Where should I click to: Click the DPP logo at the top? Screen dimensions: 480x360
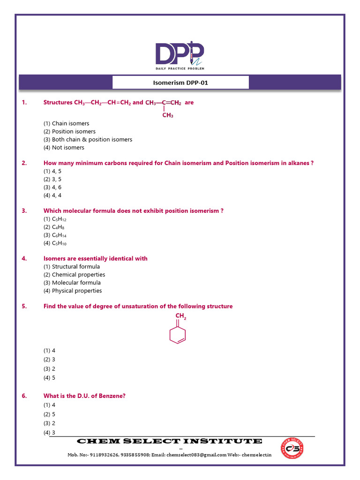[180, 55]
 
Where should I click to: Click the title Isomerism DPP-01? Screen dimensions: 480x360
[180, 82]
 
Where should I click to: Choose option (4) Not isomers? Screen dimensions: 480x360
[64, 148]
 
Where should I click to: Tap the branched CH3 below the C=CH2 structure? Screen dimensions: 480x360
[168, 115]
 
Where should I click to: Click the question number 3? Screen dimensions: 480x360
[24, 211]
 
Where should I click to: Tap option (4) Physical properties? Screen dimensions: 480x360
[73, 291]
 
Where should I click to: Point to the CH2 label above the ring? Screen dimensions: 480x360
[180, 316]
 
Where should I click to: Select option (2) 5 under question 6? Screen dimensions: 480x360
[50, 414]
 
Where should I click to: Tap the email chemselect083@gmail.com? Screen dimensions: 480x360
[196, 455]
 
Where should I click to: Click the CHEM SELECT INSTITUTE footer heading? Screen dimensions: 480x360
[169, 441]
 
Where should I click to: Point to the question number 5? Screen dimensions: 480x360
[24, 307]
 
